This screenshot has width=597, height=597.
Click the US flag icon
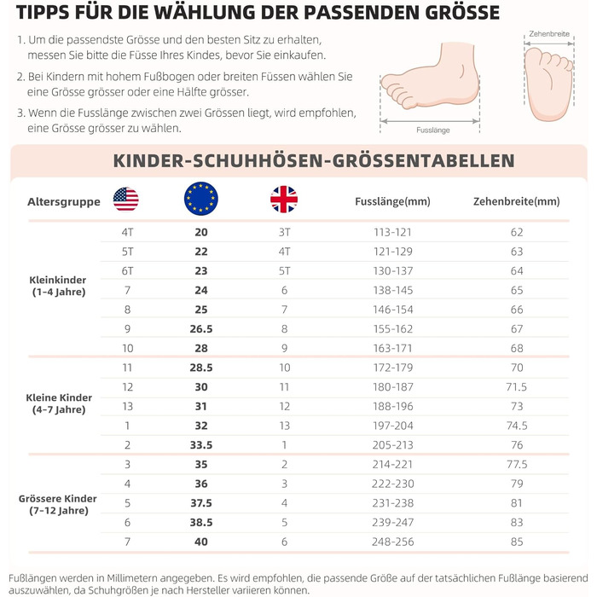pos(125,200)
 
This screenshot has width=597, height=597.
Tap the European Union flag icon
pos(200,200)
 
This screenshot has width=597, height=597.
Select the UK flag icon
pos(284,200)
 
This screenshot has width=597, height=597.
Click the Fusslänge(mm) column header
pos(392,202)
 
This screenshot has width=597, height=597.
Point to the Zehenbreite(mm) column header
pos(516,202)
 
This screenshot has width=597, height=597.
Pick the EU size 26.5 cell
pos(201,329)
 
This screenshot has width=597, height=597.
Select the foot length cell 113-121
pos(393,232)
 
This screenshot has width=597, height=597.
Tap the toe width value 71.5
pos(517,387)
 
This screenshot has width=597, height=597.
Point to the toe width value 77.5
pos(517,465)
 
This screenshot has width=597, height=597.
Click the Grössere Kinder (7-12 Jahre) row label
pos(59,503)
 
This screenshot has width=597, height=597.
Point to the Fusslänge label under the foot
pos(433,130)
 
